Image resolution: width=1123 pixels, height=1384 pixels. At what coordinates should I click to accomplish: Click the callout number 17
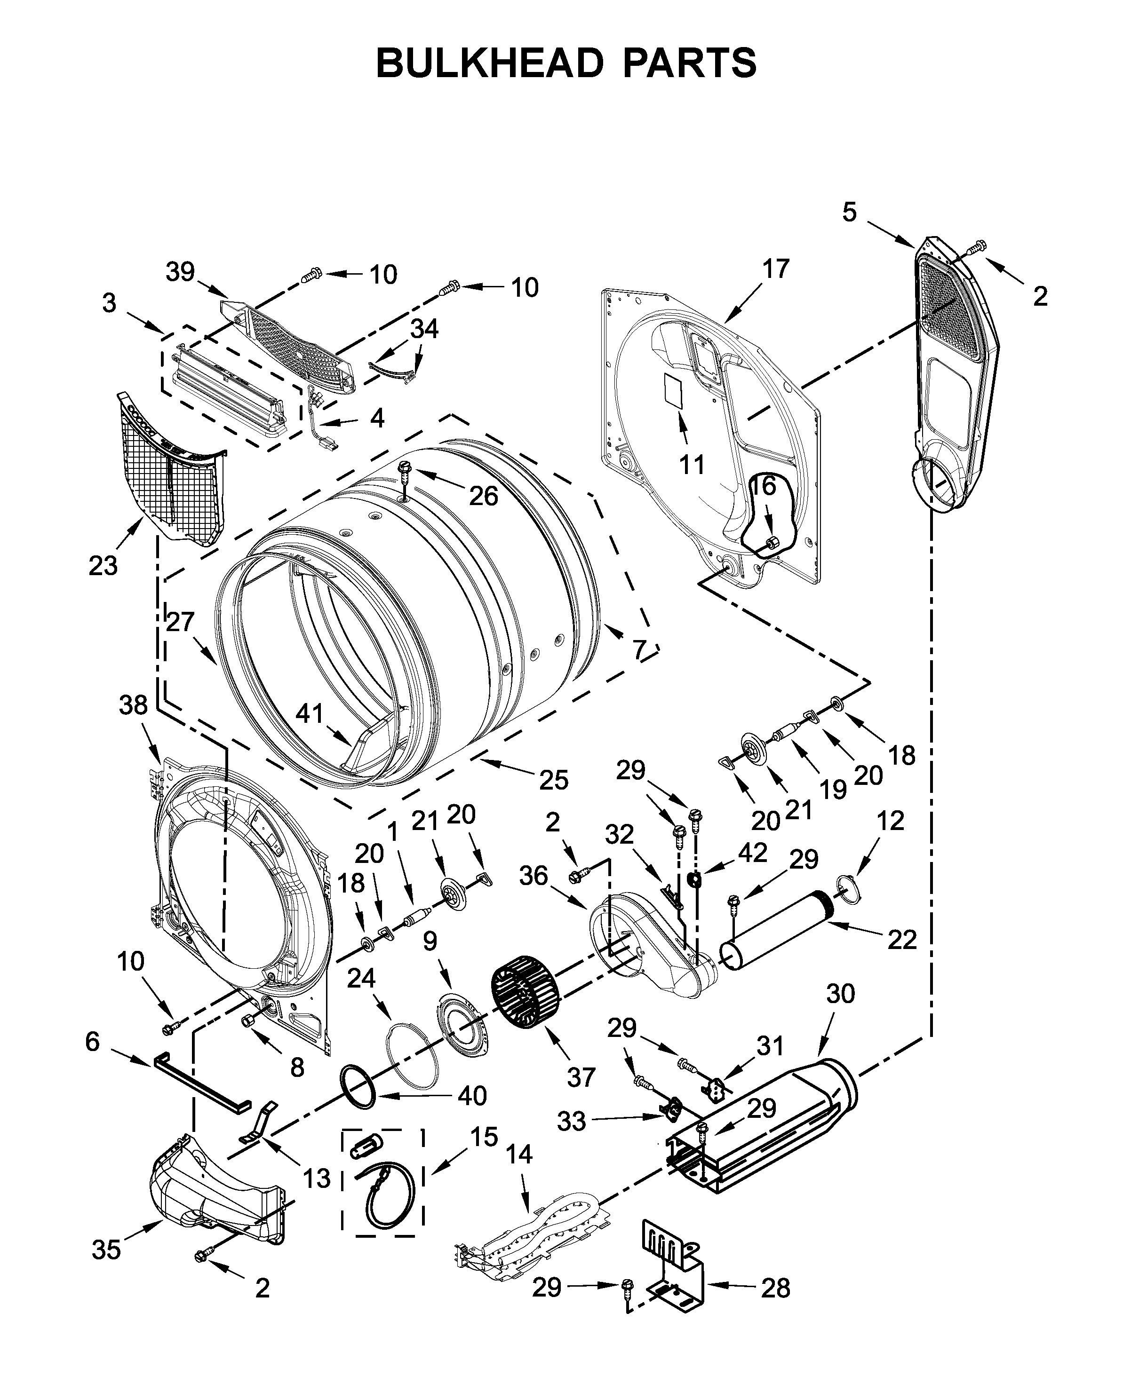click(776, 269)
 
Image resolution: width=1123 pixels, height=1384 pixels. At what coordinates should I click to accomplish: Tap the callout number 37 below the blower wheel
click(581, 1077)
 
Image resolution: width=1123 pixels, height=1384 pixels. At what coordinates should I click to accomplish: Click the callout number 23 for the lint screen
click(104, 566)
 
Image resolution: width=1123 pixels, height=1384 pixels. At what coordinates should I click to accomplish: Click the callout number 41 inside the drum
click(309, 713)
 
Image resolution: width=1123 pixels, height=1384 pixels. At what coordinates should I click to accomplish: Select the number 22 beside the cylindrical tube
click(902, 940)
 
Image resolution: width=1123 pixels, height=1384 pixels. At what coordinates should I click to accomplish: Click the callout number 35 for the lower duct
click(106, 1250)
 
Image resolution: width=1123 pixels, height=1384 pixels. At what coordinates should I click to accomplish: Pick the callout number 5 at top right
click(849, 212)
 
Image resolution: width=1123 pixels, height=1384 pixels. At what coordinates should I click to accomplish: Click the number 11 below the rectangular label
click(692, 464)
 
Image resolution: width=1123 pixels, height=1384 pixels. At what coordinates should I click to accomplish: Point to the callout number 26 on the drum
click(483, 496)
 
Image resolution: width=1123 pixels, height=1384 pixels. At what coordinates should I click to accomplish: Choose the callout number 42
click(752, 853)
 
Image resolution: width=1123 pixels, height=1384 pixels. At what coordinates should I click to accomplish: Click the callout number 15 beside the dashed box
click(483, 1136)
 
